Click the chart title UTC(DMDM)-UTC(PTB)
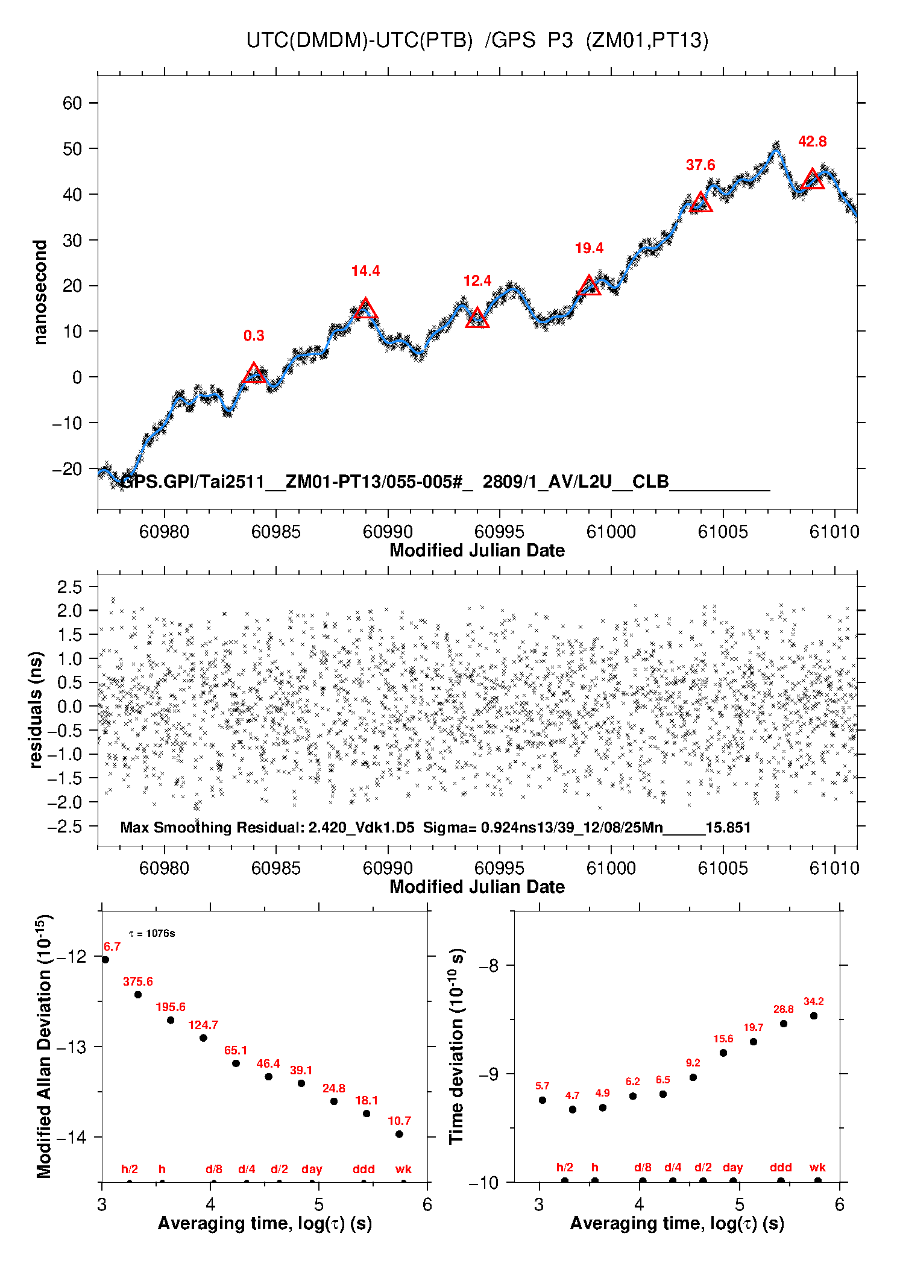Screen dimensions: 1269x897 tap(359, 40)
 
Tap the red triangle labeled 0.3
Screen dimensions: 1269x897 tap(254, 374)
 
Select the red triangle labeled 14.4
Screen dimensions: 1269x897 tap(365, 309)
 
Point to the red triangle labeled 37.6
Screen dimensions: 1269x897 tap(700, 203)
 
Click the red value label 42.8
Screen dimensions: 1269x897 tap(812, 142)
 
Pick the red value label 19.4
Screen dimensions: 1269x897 tap(589, 248)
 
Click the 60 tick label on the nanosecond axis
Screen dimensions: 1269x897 tap(72, 103)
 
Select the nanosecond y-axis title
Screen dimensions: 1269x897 tap(40, 292)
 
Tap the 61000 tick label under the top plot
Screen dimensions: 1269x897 tap(611, 532)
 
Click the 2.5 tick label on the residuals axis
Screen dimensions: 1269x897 tap(69, 587)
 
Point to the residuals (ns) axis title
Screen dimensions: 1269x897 tap(36, 710)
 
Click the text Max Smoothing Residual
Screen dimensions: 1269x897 tap(212, 827)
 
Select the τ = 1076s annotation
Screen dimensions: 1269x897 tap(152, 934)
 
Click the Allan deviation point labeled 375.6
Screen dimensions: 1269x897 tap(138, 995)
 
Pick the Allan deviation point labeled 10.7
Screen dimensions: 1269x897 tap(399, 1134)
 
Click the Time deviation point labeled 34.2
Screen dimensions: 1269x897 tap(813, 1016)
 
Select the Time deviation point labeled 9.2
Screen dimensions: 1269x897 tap(693, 1077)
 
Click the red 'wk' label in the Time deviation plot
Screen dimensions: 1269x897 tap(817, 1167)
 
